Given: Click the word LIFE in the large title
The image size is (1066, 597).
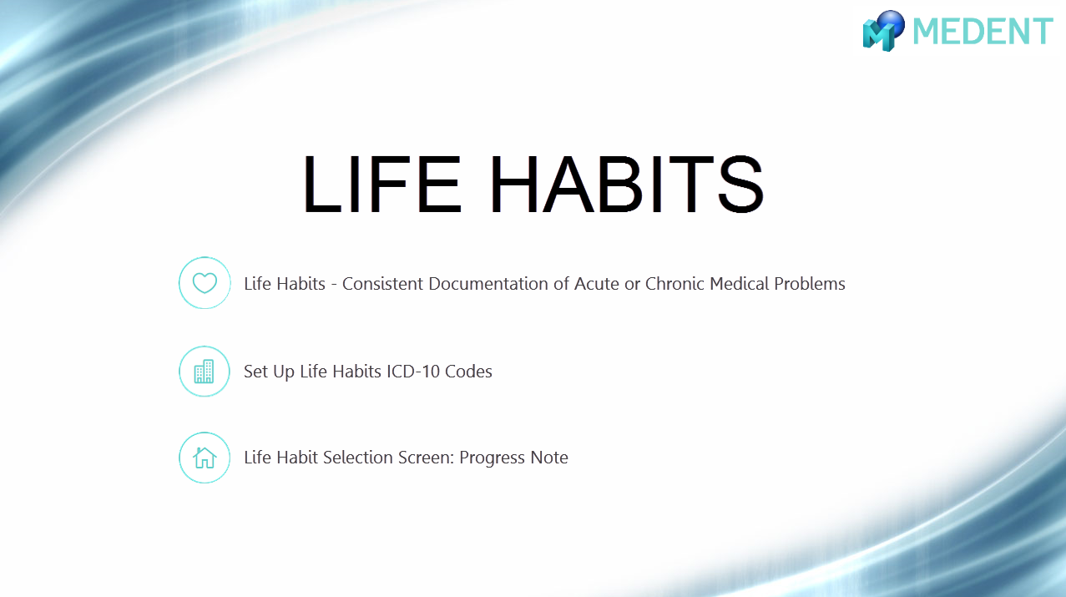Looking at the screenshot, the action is (382, 184).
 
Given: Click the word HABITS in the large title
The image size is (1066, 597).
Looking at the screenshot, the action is (626, 184).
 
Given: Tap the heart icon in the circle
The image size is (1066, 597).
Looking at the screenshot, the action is (205, 283).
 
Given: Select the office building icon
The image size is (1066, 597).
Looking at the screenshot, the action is (205, 372).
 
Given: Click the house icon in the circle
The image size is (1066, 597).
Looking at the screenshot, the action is (205, 458).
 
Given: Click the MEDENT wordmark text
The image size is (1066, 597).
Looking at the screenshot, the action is (983, 32).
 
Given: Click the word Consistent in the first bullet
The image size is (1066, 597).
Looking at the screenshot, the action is (382, 284).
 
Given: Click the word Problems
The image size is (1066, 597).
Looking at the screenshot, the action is (810, 284).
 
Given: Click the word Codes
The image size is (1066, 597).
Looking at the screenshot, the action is (468, 372).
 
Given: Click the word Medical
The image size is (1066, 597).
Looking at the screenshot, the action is (739, 284).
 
